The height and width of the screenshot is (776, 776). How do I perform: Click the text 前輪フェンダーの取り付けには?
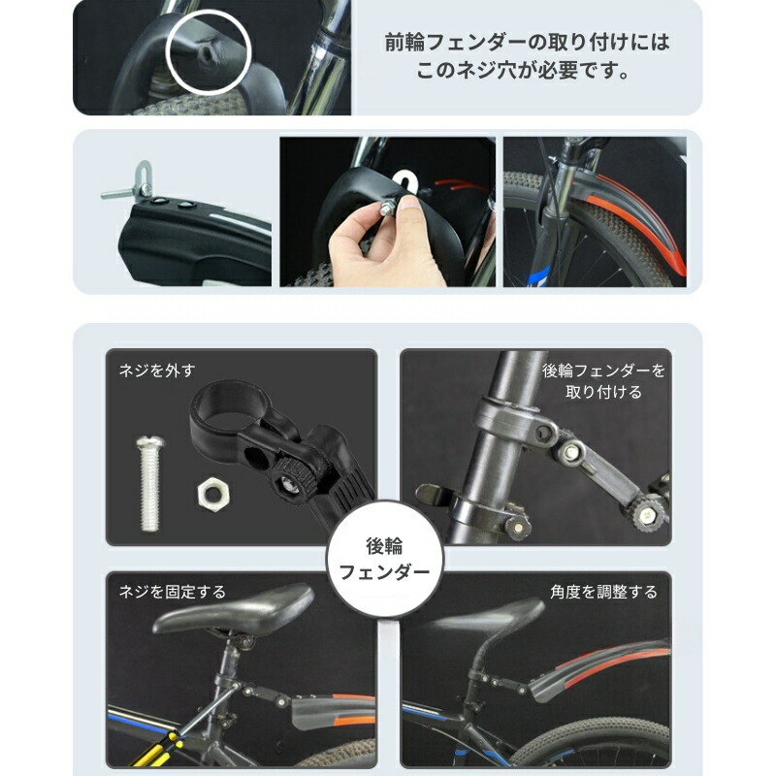[528, 43]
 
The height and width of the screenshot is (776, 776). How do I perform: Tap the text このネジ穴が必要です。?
[523, 71]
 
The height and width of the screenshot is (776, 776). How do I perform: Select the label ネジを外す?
[157, 371]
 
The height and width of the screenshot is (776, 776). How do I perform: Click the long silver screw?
[149, 483]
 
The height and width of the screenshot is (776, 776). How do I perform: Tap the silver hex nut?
[212, 494]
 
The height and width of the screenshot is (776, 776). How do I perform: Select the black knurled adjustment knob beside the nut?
[296, 479]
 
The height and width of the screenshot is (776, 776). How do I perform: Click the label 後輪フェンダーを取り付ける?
[603, 381]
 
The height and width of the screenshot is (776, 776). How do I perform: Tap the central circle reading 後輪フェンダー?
[384, 560]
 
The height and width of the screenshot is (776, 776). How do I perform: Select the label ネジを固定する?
[173, 592]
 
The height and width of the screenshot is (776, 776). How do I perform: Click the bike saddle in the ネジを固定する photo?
[233, 610]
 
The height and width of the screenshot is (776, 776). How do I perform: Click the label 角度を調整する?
[603, 592]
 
